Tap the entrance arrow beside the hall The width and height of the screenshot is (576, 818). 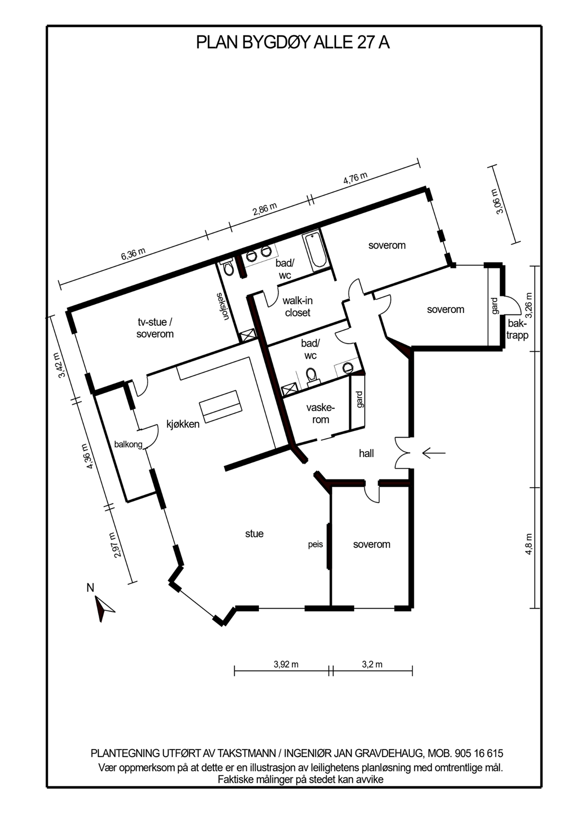[434, 453]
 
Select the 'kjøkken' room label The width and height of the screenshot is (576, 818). [183, 424]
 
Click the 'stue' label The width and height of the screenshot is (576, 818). [254, 534]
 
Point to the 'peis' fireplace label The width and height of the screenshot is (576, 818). [316, 544]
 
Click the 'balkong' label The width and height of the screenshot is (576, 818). [128, 444]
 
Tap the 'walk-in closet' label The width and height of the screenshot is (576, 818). [298, 307]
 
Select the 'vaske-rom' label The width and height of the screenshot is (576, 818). [321, 414]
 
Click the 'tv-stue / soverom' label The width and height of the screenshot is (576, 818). [155, 328]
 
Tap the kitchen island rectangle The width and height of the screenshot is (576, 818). [220, 406]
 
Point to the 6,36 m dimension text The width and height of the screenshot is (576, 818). [134, 254]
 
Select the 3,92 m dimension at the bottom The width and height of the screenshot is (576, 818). [286, 664]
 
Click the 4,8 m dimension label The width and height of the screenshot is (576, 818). [528, 544]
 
